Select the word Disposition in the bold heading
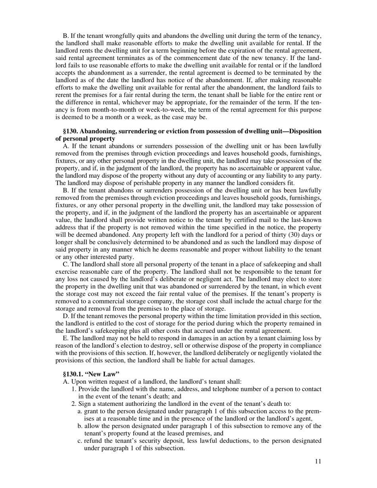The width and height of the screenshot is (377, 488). click(x=302, y=131)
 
